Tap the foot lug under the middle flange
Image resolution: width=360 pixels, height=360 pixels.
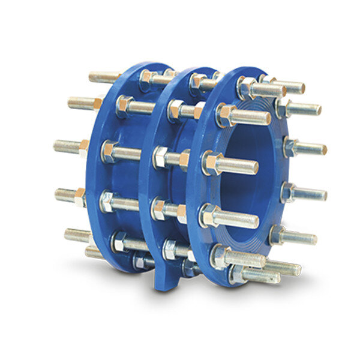click(x=166, y=280)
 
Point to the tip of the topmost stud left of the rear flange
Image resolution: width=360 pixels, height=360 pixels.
click(x=92, y=77)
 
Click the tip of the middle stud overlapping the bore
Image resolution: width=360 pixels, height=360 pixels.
click(x=255, y=167)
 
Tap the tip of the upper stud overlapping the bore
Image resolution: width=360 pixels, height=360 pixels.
click(x=267, y=118)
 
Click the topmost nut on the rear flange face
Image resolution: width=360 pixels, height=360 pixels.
click(x=148, y=77)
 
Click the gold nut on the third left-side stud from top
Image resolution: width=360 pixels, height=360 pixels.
click(x=83, y=146)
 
